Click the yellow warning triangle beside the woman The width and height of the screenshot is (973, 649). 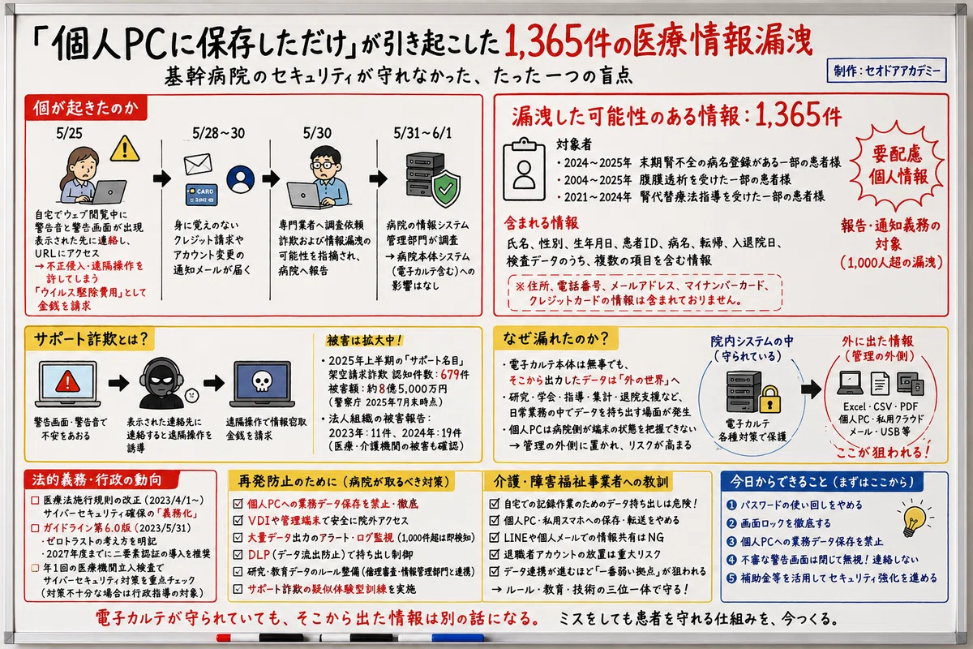tap(125, 148)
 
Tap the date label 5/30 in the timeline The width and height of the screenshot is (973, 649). tap(317, 133)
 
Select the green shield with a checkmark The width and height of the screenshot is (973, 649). tap(445, 189)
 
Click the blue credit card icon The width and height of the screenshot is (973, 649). tap(202, 195)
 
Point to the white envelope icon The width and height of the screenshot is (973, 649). tap(198, 164)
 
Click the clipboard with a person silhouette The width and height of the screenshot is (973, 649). tap(524, 170)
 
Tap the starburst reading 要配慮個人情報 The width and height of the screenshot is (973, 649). tap(898, 165)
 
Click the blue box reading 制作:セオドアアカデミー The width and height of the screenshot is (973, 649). tap(886, 71)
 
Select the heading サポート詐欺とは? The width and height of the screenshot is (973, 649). tap(91, 339)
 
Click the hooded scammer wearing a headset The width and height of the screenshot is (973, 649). tap(161, 383)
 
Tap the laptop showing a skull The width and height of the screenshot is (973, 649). tap(262, 384)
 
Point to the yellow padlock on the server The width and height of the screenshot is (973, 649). tap(769, 399)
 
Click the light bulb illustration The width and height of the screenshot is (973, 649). tap(914, 519)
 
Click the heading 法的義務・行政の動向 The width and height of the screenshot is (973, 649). tap(96, 480)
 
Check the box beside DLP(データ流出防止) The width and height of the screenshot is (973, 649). tap(238, 554)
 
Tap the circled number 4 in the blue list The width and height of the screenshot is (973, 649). tap(731, 560)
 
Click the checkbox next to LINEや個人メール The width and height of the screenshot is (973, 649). tap(495, 537)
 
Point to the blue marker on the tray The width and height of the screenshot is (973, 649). tap(457, 638)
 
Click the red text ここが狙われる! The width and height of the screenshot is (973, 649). tap(883, 452)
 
